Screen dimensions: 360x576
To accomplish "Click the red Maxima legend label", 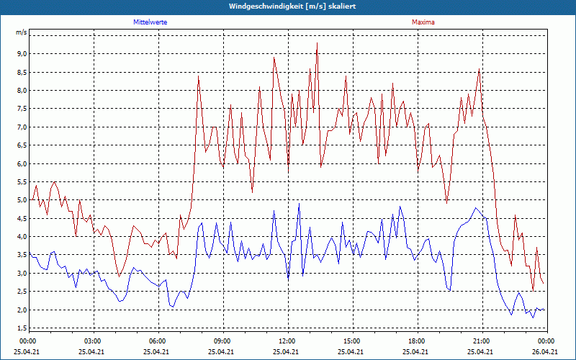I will [x=423, y=22].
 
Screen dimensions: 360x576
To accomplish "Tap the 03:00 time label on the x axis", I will [x=93, y=341].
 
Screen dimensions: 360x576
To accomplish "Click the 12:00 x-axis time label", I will [x=287, y=341].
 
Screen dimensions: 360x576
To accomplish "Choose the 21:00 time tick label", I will [x=482, y=341].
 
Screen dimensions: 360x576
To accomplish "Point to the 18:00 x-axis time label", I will [x=417, y=341].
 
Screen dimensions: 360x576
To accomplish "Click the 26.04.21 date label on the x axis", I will [x=546, y=351].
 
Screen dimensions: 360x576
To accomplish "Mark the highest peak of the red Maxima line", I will [x=317, y=42].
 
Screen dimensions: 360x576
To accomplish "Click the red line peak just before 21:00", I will [x=479, y=70].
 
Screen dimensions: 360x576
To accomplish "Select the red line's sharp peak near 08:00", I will [x=198, y=76].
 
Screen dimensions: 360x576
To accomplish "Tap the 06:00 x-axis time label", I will [x=158, y=341].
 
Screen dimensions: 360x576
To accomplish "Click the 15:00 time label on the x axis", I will [x=352, y=341].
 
